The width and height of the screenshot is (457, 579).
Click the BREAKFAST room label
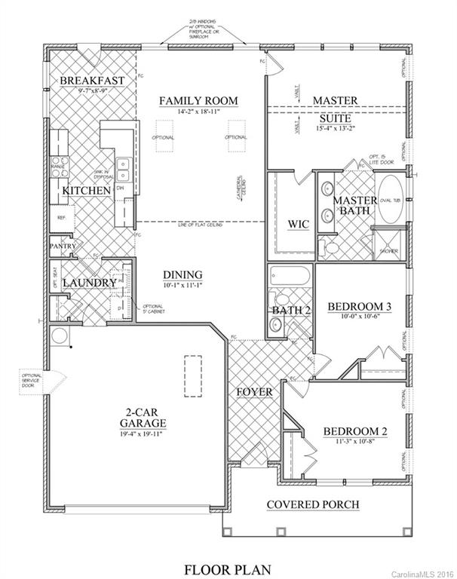point(91,80)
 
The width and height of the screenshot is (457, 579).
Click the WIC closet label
point(299,223)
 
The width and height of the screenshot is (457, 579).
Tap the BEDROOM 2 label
point(355,431)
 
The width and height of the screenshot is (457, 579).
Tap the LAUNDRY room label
point(88,283)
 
